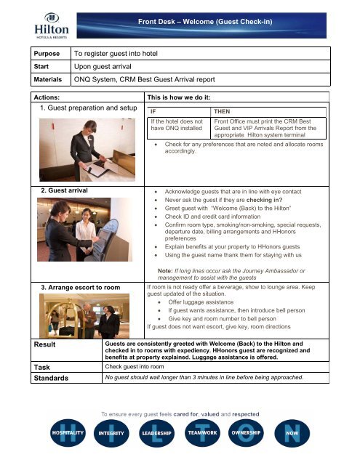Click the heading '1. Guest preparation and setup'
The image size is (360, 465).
click(x=77, y=108)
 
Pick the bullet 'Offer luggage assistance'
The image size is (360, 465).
click(x=206, y=301)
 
